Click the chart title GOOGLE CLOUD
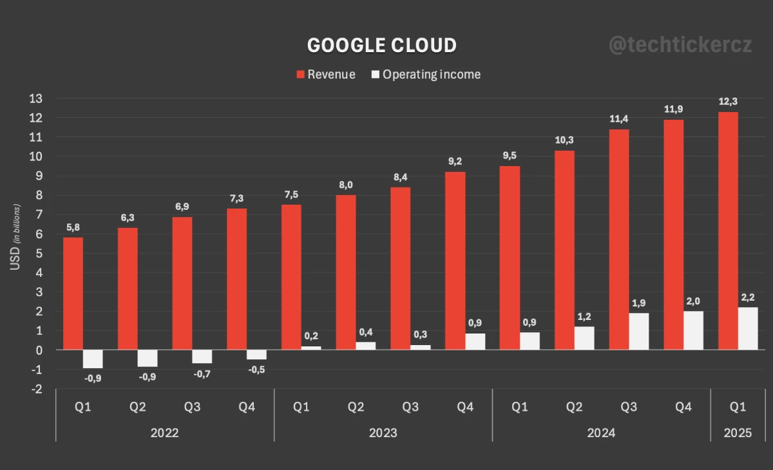(x=381, y=45)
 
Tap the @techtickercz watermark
(x=680, y=45)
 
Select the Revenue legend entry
(x=325, y=75)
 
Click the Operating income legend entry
(x=426, y=75)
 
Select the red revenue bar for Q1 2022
(x=73, y=294)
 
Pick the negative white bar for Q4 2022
(x=256, y=355)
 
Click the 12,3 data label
(x=728, y=102)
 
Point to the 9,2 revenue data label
(x=455, y=162)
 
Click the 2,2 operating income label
(x=748, y=297)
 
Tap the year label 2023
(x=383, y=433)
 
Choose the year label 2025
(x=738, y=433)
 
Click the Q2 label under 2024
(x=574, y=407)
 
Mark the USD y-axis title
(x=16, y=246)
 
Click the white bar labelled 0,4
(x=365, y=346)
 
